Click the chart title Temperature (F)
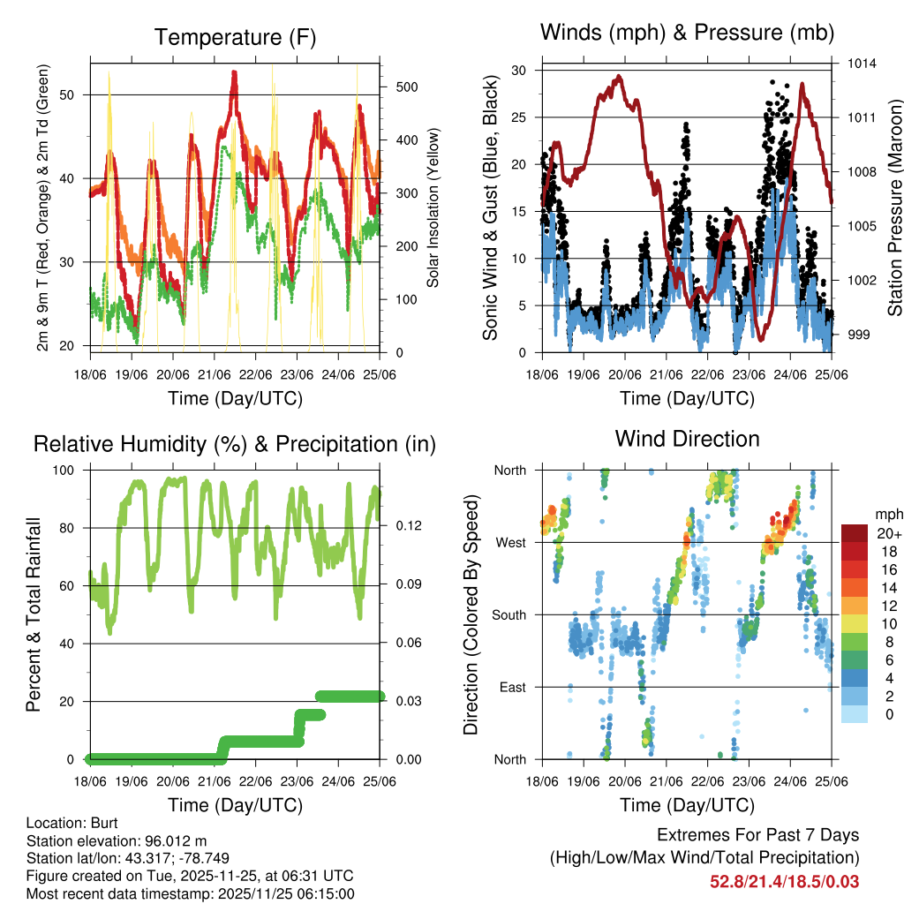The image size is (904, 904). pyautogui.click(x=235, y=37)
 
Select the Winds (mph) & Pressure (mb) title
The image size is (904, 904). pyautogui.click(x=687, y=33)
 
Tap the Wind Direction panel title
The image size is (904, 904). pyautogui.click(x=687, y=439)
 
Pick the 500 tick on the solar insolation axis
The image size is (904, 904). pyautogui.click(x=406, y=87)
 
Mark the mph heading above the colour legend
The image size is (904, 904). pyautogui.click(x=886, y=514)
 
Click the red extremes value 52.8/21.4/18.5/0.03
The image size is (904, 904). pyautogui.click(x=784, y=882)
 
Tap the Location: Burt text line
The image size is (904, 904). pyautogui.click(x=66, y=823)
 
